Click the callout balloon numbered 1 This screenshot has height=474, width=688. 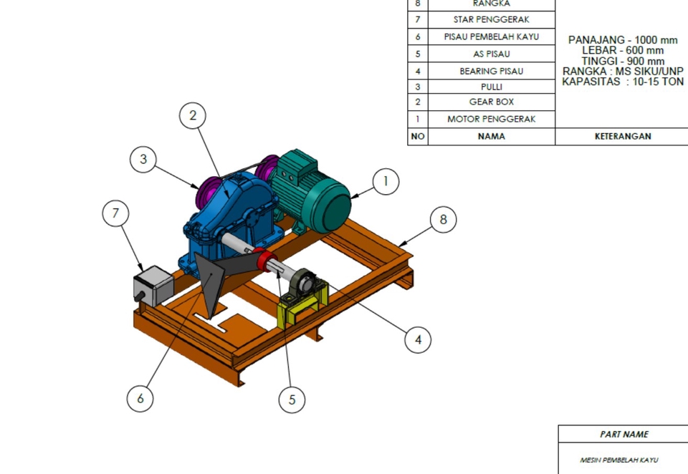pos(386,182)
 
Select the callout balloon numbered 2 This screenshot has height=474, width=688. pos(193,116)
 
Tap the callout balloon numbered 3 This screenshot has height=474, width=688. pos(143,159)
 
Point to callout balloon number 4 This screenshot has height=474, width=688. pos(418,339)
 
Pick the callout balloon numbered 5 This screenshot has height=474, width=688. pos(292,400)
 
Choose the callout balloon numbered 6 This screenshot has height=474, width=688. pos(140,398)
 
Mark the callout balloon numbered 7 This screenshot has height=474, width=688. pos(115,213)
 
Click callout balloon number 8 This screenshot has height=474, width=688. pos(443,219)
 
